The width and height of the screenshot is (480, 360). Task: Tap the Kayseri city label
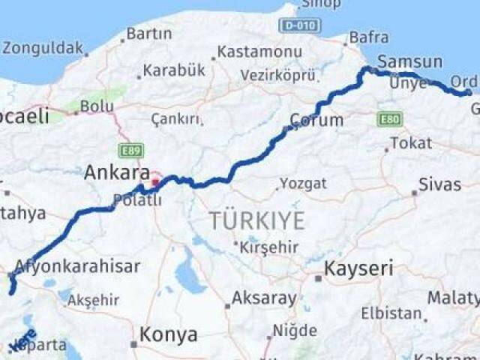357,268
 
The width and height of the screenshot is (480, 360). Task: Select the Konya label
172,334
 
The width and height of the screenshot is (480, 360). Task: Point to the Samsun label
409,61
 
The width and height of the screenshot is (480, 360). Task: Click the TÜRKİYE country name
256,220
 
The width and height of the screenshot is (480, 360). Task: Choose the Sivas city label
439,184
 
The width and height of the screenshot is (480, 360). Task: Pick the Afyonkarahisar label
77,266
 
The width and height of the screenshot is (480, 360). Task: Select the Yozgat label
303,183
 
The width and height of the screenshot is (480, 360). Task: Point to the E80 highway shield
390,119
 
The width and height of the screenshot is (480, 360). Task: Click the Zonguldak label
43,48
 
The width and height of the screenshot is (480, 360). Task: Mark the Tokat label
411,142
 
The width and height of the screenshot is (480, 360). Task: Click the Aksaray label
264,298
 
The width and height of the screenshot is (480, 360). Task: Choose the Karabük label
173,70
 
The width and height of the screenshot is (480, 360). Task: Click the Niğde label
295,330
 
